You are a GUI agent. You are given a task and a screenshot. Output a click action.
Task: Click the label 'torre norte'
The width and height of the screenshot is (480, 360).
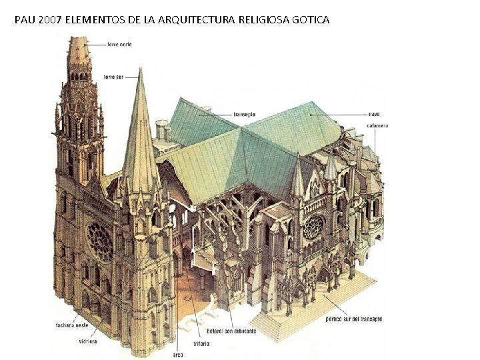121,44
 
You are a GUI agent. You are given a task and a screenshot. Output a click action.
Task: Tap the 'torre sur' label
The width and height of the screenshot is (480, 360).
113,77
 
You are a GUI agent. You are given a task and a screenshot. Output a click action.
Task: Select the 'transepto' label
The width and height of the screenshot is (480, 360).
245,114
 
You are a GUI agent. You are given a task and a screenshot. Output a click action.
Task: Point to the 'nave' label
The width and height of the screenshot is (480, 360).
375,114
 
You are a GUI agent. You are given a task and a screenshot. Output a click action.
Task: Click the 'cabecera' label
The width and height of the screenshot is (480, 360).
377,125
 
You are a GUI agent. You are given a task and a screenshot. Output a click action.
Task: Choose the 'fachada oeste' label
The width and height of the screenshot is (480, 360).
72,325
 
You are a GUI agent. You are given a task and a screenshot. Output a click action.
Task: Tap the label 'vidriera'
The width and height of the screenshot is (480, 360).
87,341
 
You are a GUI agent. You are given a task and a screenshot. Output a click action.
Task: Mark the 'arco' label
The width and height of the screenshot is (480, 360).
177,354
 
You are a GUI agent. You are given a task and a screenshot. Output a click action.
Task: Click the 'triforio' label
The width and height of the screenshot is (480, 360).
201,343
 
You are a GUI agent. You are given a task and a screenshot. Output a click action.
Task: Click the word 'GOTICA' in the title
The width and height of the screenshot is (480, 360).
309,20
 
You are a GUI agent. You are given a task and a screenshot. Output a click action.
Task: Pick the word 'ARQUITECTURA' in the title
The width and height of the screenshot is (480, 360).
195,20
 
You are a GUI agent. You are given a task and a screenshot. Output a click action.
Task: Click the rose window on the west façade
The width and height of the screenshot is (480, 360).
100,241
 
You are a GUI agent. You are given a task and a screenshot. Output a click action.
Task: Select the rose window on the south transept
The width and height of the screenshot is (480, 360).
313,227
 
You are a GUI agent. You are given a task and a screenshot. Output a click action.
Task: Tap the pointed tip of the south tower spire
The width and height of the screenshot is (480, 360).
140,69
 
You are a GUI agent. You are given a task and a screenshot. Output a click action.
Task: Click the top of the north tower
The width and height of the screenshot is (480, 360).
79,39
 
